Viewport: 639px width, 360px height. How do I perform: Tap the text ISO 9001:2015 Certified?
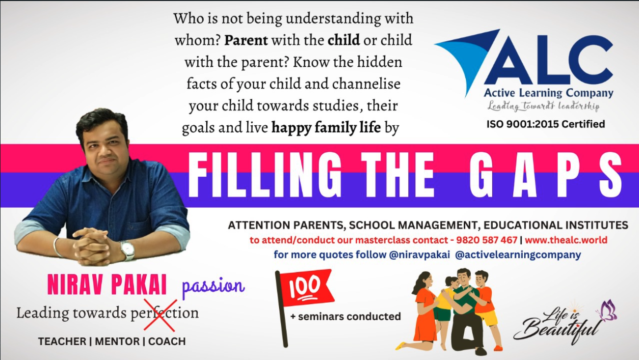(546, 124)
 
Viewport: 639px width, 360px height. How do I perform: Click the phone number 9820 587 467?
(487, 240)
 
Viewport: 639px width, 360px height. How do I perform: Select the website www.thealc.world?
(566, 240)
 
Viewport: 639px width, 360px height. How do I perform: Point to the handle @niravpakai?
(419, 255)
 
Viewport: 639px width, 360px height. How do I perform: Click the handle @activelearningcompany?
(518, 255)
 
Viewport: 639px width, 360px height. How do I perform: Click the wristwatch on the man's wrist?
(128, 250)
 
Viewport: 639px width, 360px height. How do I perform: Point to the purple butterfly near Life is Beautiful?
(607, 310)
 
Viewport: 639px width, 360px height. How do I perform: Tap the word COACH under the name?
(167, 341)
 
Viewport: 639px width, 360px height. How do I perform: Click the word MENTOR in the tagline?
(117, 341)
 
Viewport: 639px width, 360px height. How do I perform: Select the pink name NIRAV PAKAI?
(107, 284)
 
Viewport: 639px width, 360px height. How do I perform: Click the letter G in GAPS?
(482, 174)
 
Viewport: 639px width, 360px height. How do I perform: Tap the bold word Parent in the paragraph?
(246, 40)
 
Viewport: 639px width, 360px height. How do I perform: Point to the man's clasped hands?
(92, 246)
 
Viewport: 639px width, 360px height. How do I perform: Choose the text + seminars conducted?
(346, 316)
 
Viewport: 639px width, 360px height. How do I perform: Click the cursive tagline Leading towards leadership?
(543, 106)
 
